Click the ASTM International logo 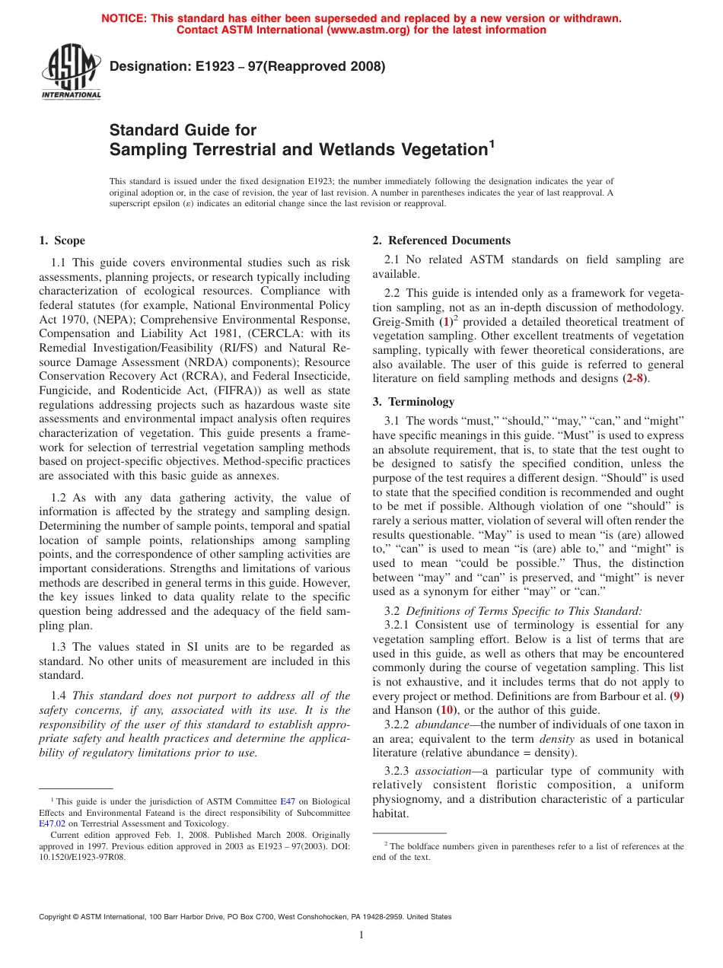71,72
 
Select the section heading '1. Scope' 62,241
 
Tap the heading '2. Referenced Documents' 441,241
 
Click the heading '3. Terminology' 413,402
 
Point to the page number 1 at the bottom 361,935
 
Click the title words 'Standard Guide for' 183,130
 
